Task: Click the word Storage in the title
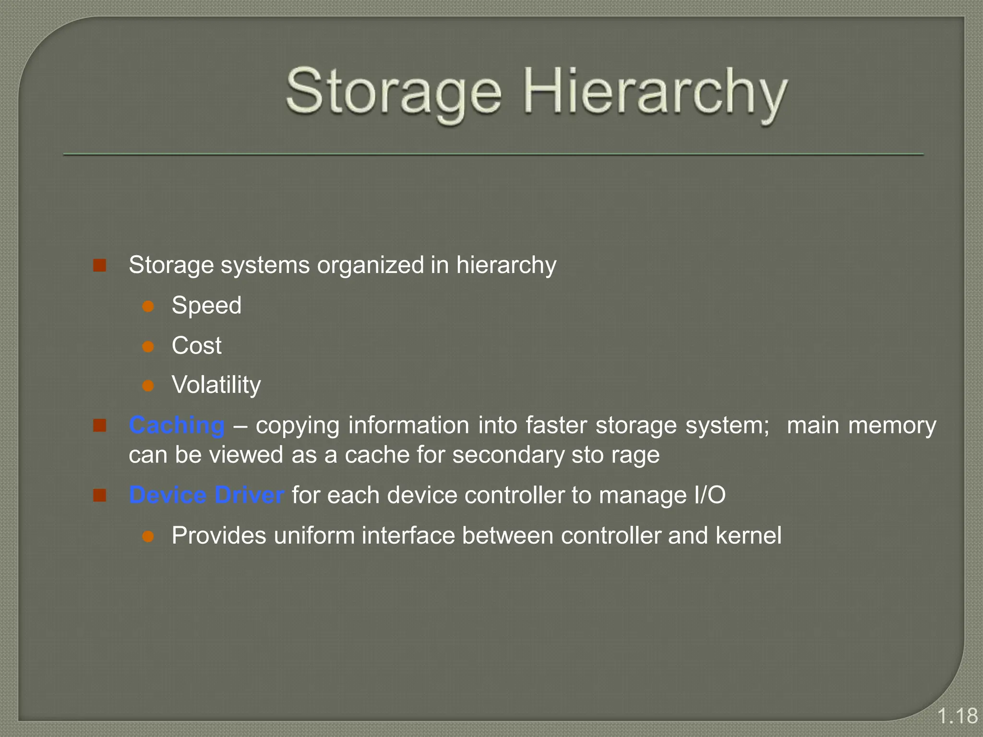click(393, 92)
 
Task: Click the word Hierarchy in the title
click(655, 92)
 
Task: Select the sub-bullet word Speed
click(206, 306)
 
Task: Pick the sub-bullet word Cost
click(197, 345)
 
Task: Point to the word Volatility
click(216, 385)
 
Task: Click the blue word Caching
click(177, 426)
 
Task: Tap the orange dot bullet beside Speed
click(148, 307)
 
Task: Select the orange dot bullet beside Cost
click(148, 346)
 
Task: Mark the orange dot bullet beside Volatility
click(148, 386)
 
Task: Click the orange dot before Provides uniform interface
click(148, 536)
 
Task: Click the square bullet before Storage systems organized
click(100, 265)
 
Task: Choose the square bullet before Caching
click(100, 426)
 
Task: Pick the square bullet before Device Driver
click(100, 495)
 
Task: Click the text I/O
click(710, 495)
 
